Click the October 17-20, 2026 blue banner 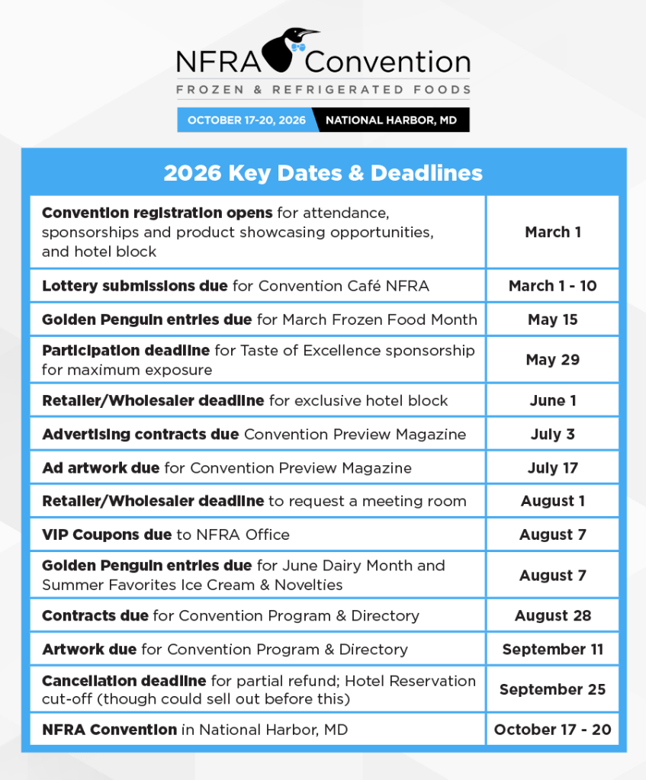coord(246,120)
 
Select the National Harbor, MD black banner coord(391,120)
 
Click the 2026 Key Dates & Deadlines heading coord(323,173)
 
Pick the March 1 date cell coord(553,233)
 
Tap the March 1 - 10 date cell coord(553,286)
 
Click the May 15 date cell coord(553,319)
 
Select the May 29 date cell coord(553,359)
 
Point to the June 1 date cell coord(553,400)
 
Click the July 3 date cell coord(553,434)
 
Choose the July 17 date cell coord(553,467)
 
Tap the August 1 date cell coord(553,501)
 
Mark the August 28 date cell coord(553,615)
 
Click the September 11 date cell coord(553,649)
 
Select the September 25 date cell coord(553,689)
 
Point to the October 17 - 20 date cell coord(553,730)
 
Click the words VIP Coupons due coord(107,534)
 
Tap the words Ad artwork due coord(101,467)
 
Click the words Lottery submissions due coord(134,286)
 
